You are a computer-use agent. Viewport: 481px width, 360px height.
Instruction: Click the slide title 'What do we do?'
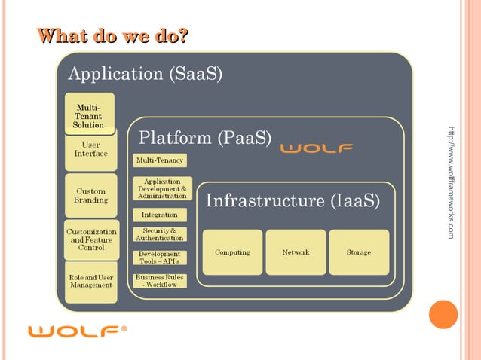[x=113, y=36]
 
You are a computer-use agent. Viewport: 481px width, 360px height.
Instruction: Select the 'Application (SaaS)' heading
[x=145, y=75]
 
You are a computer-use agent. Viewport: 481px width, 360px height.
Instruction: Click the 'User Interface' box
[x=90, y=150]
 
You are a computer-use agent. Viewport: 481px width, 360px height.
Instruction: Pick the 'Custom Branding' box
[x=90, y=196]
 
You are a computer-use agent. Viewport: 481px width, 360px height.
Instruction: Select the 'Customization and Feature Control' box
[x=90, y=239]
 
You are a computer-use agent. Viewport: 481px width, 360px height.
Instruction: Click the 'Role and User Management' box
[x=90, y=282]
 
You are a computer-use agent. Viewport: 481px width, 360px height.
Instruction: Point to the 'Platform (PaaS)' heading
[x=205, y=139]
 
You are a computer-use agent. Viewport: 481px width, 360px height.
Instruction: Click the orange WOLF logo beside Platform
[x=317, y=148]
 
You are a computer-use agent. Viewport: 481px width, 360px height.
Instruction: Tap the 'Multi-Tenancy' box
[x=159, y=160]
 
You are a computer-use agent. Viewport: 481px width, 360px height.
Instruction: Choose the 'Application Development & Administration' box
[x=162, y=188]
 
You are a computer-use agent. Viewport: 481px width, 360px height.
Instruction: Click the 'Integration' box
[x=159, y=215]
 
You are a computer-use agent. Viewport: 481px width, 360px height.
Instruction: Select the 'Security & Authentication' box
[x=159, y=234]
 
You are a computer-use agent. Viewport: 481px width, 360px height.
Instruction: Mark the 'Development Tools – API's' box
[x=159, y=258]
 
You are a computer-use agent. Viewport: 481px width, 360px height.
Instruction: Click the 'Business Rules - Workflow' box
[x=159, y=281]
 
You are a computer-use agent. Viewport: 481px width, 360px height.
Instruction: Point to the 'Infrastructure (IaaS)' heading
[x=293, y=202]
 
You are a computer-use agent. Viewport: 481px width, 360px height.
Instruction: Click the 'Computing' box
[x=232, y=252]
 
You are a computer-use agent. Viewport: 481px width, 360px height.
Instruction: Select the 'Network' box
[x=296, y=252]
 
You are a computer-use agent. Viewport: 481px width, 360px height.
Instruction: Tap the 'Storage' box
[x=359, y=252]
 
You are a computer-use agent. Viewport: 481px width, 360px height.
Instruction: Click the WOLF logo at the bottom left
[x=76, y=331]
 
